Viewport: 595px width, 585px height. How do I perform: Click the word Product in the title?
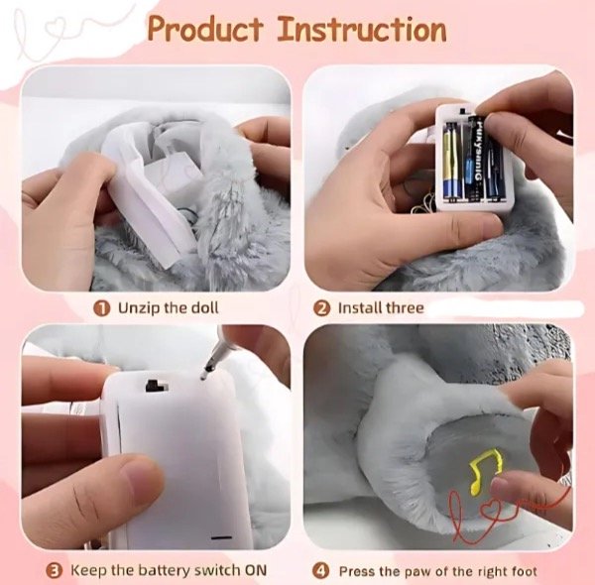pos(205,29)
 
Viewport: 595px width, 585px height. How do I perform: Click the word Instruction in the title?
pos(361,29)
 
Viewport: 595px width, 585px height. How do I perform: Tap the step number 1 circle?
pos(102,308)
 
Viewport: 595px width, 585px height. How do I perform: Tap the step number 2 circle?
pos(321,308)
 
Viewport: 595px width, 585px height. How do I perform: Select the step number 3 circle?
pos(55,570)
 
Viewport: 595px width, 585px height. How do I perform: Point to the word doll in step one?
pos(204,307)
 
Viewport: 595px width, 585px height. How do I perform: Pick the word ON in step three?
pos(256,570)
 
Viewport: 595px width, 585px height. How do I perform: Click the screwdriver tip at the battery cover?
pos(204,377)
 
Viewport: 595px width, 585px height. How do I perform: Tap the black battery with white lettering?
pos(474,159)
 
